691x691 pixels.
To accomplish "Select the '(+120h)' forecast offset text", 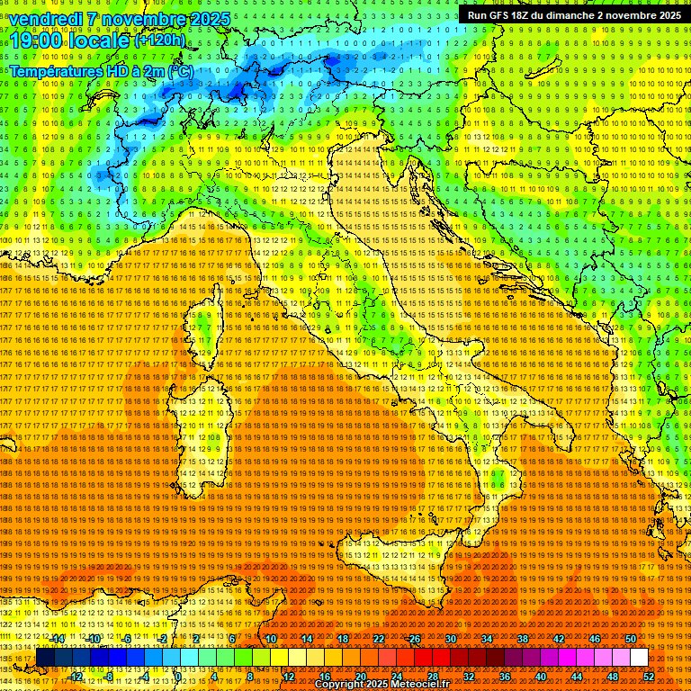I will pyautogui.click(x=160, y=40).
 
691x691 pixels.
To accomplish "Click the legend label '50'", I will pyautogui.click(x=630, y=639).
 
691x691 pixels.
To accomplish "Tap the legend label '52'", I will pyautogui.click(x=648, y=677).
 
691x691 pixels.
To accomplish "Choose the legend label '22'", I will pyautogui.click(x=379, y=639).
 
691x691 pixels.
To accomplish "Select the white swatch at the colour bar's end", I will pyautogui.click(x=639, y=658).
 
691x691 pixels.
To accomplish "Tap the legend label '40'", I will pyautogui.click(x=540, y=677).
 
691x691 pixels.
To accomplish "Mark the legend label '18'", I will pyautogui.click(x=343, y=639).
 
